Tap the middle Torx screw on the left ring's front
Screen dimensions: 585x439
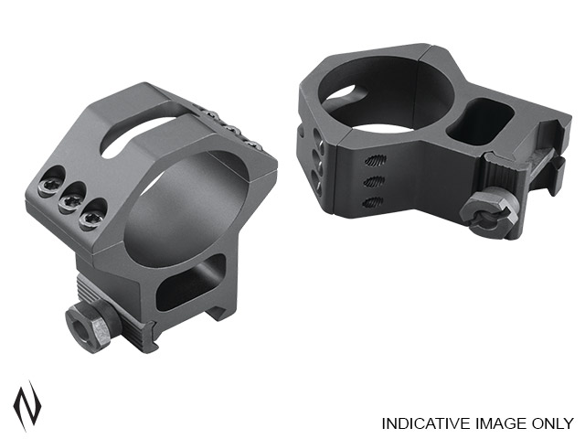pyautogui.click(x=69, y=201)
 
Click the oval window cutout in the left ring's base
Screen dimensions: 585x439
pyautogui.click(x=190, y=284)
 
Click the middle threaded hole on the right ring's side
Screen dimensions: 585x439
pyautogui.click(x=375, y=182)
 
